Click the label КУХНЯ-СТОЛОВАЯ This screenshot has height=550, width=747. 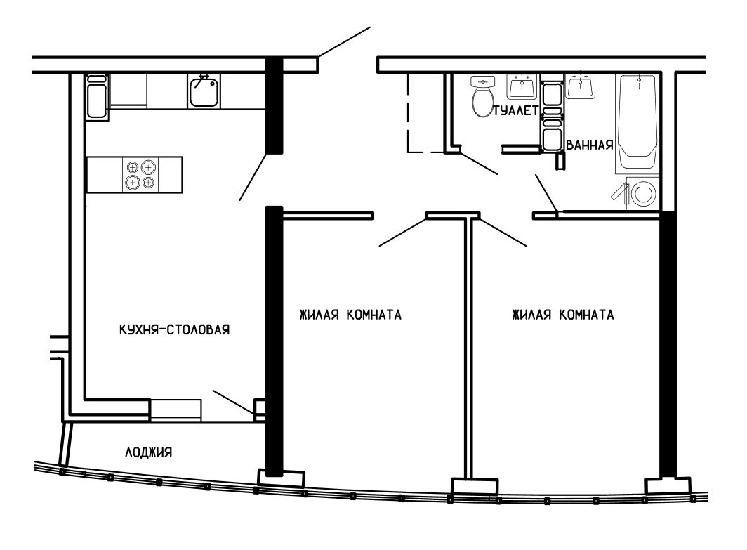tap(174, 329)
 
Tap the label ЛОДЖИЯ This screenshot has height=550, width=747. tap(149, 452)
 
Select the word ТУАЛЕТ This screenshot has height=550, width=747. tap(516, 110)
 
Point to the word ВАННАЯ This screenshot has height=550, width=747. tap(589, 145)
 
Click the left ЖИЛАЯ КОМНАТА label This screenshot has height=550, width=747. tap(350, 315)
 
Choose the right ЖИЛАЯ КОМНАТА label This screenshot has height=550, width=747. tap(562, 315)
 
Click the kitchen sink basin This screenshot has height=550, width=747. tap(204, 91)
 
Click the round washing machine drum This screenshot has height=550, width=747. tap(644, 194)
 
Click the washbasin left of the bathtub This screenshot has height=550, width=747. tap(580, 86)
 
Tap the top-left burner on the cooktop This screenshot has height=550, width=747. tap(133, 167)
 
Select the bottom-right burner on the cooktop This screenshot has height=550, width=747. tap(149, 183)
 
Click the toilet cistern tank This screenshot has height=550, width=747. tap(483, 81)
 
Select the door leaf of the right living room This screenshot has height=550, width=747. tap(503, 232)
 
